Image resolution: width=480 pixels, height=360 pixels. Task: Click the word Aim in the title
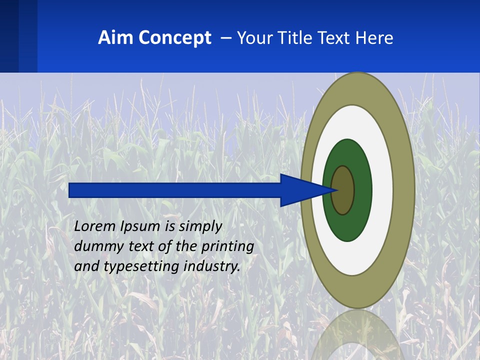[112, 38]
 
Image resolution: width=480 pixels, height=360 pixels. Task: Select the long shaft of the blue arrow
[175, 190]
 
